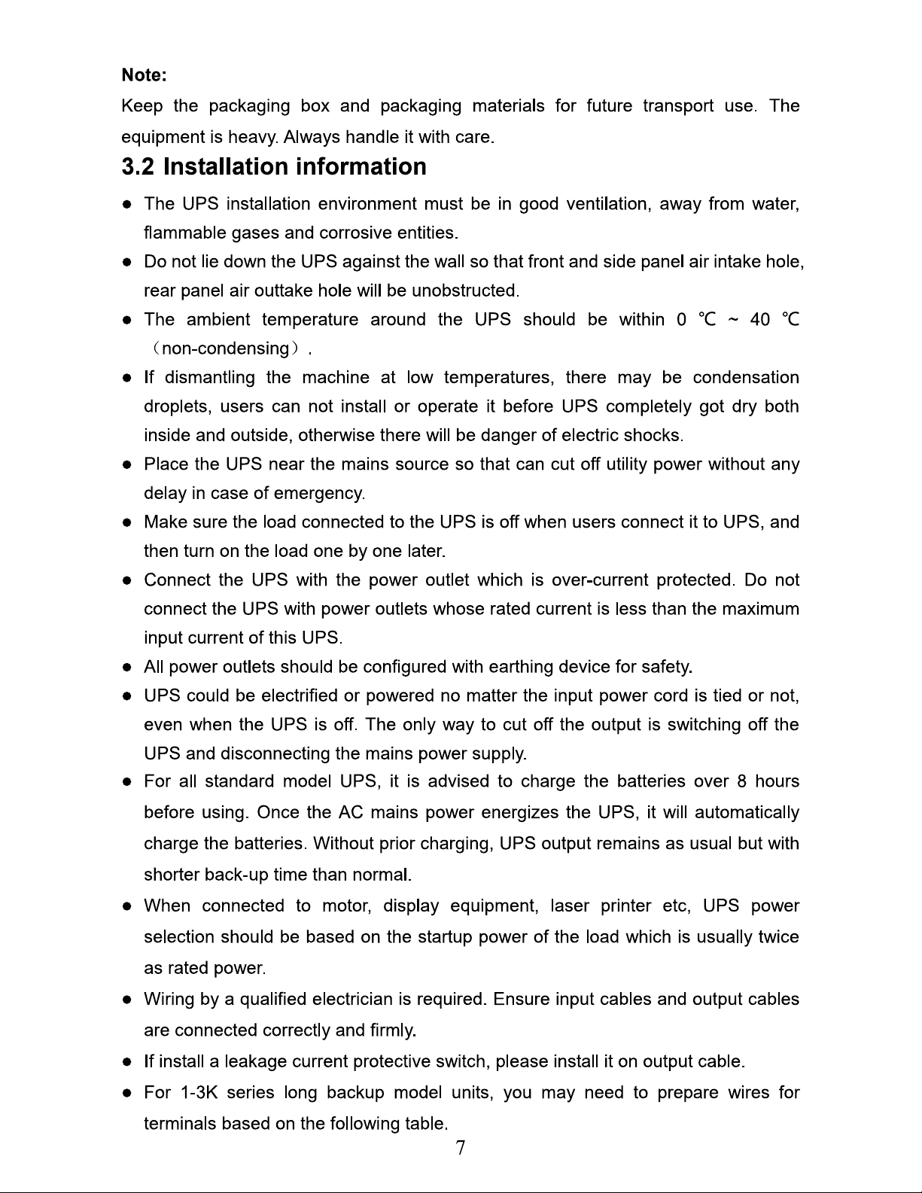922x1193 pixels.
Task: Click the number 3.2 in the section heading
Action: click(x=138, y=166)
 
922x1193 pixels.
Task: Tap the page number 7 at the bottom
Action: click(x=461, y=1148)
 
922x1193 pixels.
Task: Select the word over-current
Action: click(x=600, y=580)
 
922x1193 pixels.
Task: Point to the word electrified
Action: click(x=299, y=696)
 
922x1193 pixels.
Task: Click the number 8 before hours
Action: click(x=742, y=782)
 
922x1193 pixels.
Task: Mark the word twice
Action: click(x=779, y=937)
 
